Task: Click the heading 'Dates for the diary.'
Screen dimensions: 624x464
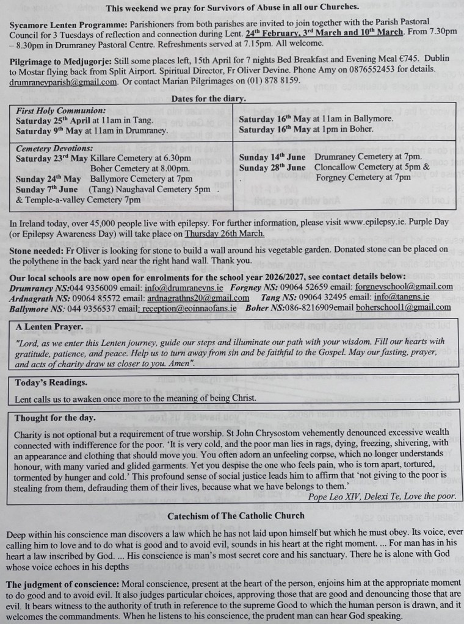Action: click(209, 98)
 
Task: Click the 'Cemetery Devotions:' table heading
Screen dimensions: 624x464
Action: click(54, 148)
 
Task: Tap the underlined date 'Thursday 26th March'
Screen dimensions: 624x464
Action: click(225, 233)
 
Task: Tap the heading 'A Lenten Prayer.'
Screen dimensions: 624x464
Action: click(49, 327)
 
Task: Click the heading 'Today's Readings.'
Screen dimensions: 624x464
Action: click(51, 382)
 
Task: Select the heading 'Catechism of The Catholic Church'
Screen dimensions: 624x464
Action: click(236, 515)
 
